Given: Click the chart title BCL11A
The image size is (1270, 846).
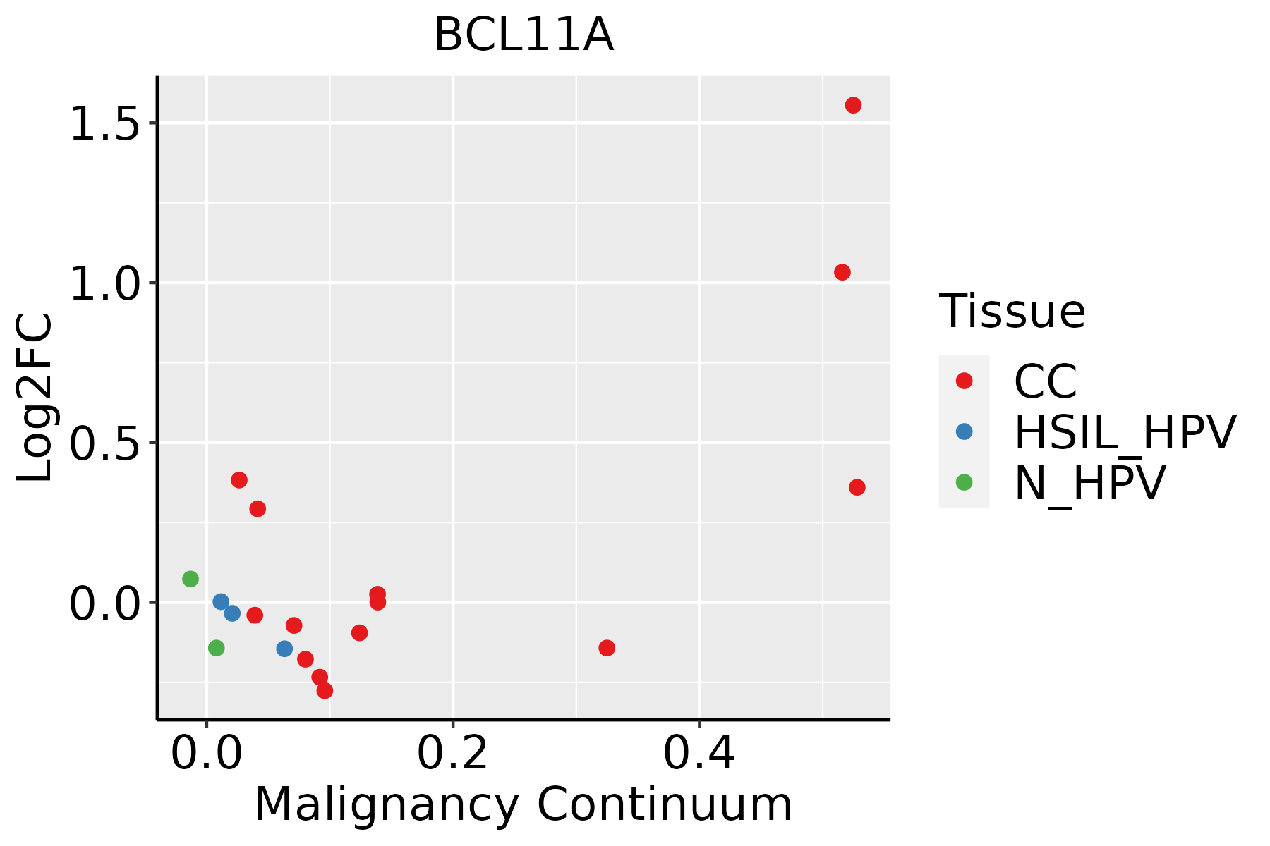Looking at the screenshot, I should pos(524,35).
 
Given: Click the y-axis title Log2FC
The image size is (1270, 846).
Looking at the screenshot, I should pos(35,398).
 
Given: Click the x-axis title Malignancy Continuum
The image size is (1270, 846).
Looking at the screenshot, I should pos(523,804).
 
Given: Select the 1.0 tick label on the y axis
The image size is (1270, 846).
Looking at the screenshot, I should pos(104,283).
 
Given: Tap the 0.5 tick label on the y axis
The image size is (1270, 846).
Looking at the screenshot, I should pos(104,443).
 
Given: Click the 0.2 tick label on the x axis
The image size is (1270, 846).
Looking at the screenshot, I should pos(452,754).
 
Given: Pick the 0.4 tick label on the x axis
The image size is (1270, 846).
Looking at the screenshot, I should pos(698,754).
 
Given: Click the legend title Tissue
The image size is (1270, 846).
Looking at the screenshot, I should pos(1012,311).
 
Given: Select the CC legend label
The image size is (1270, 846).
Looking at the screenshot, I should pos(1046,381).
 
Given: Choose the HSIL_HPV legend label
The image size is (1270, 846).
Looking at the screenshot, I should pos(1125,432).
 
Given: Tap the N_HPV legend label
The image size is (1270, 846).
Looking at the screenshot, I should pos(1089,483).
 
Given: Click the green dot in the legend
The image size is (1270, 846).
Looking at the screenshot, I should pos(964,482).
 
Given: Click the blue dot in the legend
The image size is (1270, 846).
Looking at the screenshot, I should pos(964,431).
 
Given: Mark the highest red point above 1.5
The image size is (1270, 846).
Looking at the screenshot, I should pos(853,105).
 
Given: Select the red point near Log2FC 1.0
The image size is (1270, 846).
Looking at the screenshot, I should pos(842,272).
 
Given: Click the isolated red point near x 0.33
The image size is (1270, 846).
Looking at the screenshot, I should pos(607,648).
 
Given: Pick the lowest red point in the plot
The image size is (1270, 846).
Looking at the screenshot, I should pos(325,690).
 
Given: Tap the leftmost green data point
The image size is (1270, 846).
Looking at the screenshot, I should pos(190,579).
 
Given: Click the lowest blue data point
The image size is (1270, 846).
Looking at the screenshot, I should pos(284,649).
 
